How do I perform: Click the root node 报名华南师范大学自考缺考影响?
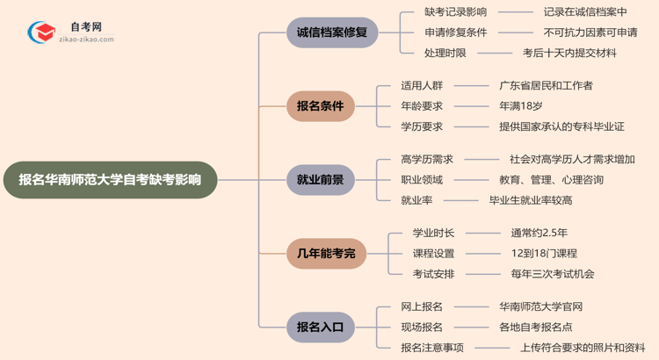click(110, 180)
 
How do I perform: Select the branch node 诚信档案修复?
click(332, 32)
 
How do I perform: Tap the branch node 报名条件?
click(320, 106)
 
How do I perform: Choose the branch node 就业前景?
click(320, 180)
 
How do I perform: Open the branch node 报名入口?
click(320, 328)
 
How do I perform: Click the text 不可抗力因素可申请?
click(590, 32)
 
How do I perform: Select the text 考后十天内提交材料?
click(569, 53)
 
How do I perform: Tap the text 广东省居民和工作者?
click(546, 86)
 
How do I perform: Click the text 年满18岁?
click(520, 106)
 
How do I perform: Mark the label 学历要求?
click(422, 126)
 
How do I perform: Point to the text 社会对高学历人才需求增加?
click(572, 160)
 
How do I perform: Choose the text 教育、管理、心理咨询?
click(550, 180)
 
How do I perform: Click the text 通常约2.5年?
click(539, 234)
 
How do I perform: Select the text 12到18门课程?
click(544, 254)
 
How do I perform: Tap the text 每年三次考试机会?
click(552, 274)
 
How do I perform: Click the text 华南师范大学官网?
click(540, 307)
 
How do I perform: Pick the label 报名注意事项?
click(431, 348)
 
